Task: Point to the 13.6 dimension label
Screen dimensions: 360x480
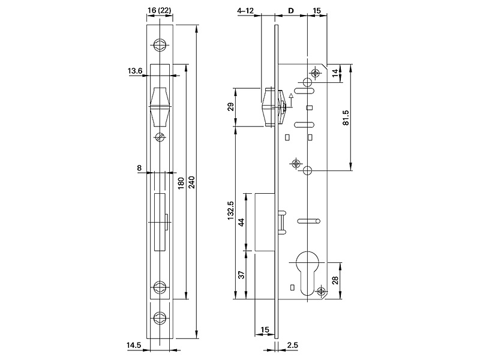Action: pos(135,71)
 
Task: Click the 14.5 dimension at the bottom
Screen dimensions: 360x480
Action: pos(134,346)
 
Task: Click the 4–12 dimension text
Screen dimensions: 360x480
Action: pos(246,11)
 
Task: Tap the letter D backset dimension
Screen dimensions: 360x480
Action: pos(292,11)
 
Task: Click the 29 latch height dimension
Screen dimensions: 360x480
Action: pos(230,107)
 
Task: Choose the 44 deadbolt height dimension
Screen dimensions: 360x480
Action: pos(242,222)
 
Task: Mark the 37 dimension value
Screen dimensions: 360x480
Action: pos(242,275)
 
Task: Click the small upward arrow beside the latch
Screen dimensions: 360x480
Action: pos(291,96)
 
